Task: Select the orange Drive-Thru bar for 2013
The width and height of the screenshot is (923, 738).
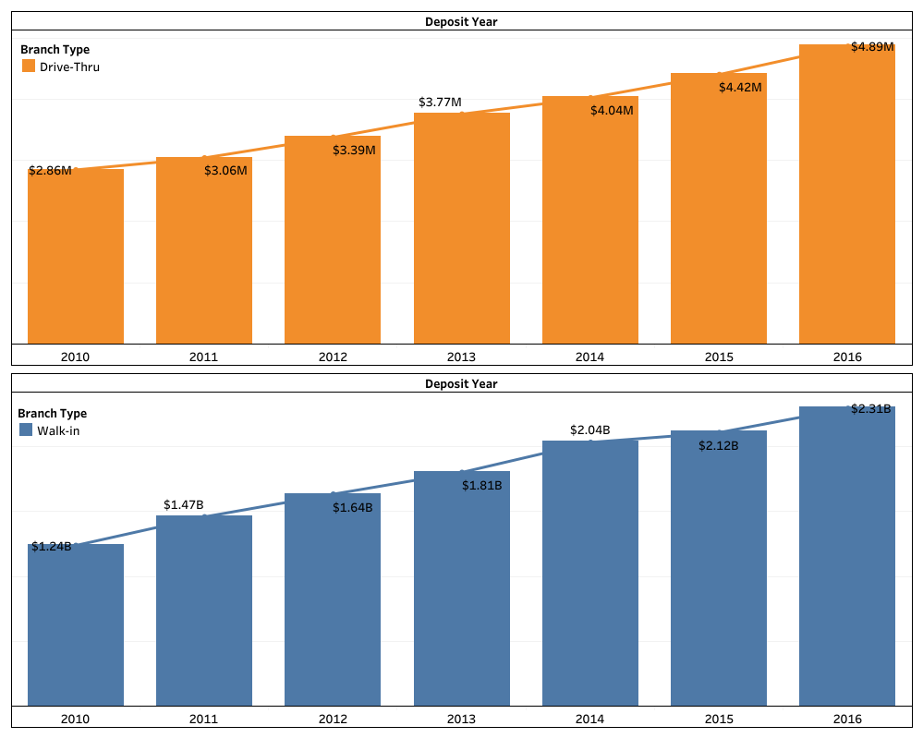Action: pyautogui.click(x=461, y=231)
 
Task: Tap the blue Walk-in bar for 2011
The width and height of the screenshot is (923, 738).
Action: pyautogui.click(x=204, y=610)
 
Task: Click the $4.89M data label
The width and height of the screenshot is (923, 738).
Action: pyautogui.click(x=872, y=46)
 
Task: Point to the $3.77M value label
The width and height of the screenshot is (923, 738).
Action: pyautogui.click(x=440, y=102)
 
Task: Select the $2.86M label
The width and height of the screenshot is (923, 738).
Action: pyautogui.click(x=50, y=171)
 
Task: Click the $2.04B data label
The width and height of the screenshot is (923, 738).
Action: pyautogui.click(x=589, y=429)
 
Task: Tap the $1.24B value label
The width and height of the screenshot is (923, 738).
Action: pyautogui.click(x=51, y=546)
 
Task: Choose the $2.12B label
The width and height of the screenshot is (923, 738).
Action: pyautogui.click(x=719, y=445)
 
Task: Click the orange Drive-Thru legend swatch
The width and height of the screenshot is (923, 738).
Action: pyautogui.click(x=28, y=67)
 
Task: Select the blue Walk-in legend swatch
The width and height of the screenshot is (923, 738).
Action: pyautogui.click(x=26, y=430)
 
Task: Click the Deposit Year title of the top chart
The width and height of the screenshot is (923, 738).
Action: pyautogui.click(x=461, y=21)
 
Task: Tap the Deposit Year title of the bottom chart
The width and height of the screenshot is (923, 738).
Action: pyautogui.click(x=461, y=383)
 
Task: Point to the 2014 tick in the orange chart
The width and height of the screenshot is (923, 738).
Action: pyautogui.click(x=589, y=357)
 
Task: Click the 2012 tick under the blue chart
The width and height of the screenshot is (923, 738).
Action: pyautogui.click(x=333, y=719)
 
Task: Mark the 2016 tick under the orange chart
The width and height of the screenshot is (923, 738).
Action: pyautogui.click(x=846, y=357)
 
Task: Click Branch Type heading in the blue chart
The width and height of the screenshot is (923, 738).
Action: pyautogui.click(x=53, y=414)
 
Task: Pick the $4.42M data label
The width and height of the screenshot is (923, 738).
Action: pyautogui.click(x=740, y=87)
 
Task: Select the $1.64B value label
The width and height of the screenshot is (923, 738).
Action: pyautogui.click(x=353, y=507)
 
